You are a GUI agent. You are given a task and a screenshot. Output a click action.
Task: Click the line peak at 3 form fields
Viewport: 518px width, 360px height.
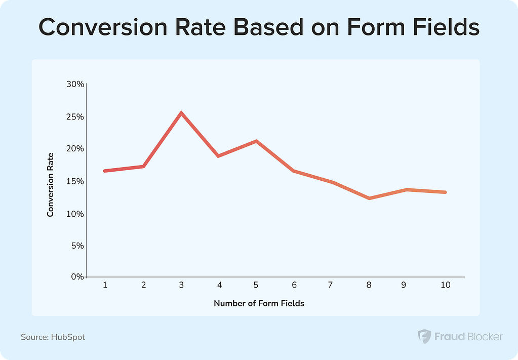pyautogui.click(x=181, y=112)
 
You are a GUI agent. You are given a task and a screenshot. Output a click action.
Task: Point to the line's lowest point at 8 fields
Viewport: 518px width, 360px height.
pyautogui.click(x=369, y=198)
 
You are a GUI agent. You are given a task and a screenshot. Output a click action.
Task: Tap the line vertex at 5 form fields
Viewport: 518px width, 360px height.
pyautogui.click(x=257, y=141)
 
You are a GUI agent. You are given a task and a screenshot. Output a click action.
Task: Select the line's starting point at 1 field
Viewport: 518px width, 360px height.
pyautogui.click(x=105, y=171)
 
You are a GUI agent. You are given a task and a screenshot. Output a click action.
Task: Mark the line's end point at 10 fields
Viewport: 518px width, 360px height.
pyautogui.click(x=445, y=192)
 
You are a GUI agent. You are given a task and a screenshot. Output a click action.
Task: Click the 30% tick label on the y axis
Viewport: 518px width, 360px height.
pyautogui.click(x=74, y=84)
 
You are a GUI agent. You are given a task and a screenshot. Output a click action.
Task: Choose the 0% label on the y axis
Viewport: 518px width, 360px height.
pyautogui.click(x=77, y=277)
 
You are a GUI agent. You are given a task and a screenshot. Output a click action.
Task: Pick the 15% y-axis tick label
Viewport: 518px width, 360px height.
pyautogui.click(x=74, y=181)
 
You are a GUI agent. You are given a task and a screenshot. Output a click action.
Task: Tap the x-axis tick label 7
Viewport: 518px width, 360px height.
pyautogui.click(x=330, y=285)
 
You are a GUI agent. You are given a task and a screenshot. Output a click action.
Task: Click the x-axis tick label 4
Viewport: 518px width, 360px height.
pyautogui.click(x=219, y=285)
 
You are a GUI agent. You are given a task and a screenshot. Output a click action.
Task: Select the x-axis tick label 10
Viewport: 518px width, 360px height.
pyautogui.click(x=445, y=285)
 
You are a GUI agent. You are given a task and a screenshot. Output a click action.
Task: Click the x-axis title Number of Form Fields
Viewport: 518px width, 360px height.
pyautogui.click(x=259, y=304)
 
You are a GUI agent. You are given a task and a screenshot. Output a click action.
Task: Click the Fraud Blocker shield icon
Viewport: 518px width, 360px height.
pyautogui.click(x=424, y=336)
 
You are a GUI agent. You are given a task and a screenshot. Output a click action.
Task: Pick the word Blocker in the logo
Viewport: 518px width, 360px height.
pyautogui.click(x=484, y=336)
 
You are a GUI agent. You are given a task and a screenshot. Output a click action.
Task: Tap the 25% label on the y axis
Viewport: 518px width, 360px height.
pyautogui.click(x=74, y=116)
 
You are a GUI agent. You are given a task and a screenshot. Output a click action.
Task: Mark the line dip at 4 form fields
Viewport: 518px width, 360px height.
pyautogui.click(x=219, y=155)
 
